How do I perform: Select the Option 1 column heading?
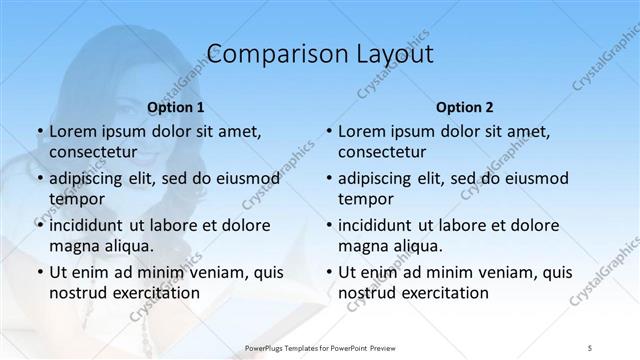176,106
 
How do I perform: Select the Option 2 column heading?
465,106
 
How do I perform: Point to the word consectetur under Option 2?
382,151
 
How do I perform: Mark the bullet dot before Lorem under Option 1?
39,132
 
